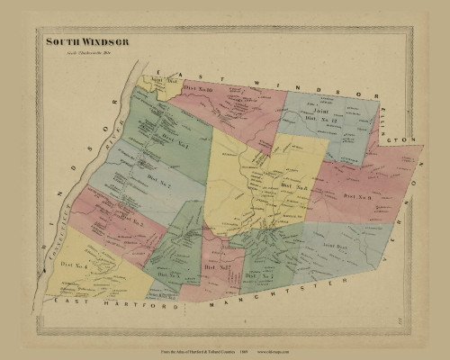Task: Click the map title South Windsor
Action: click(x=88, y=42)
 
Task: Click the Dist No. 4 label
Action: click(x=75, y=265)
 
